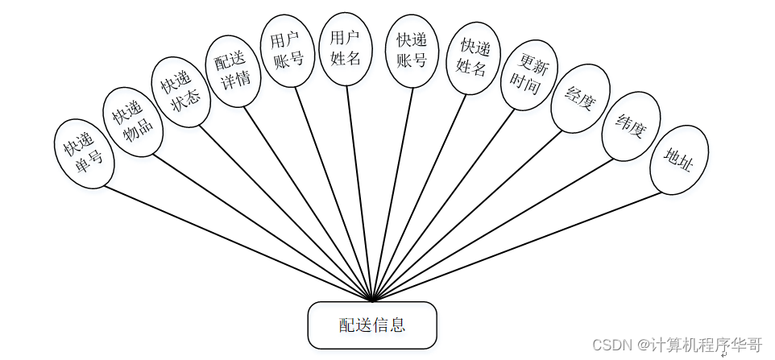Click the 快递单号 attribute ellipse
pyautogui.click(x=83, y=154)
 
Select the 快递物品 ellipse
pyautogui.click(x=133, y=122)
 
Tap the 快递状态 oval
pyautogui.click(x=182, y=91)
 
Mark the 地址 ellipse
pyautogui.click(x=678, y=159)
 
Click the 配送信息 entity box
pyautogui.click(x=372, y=325)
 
